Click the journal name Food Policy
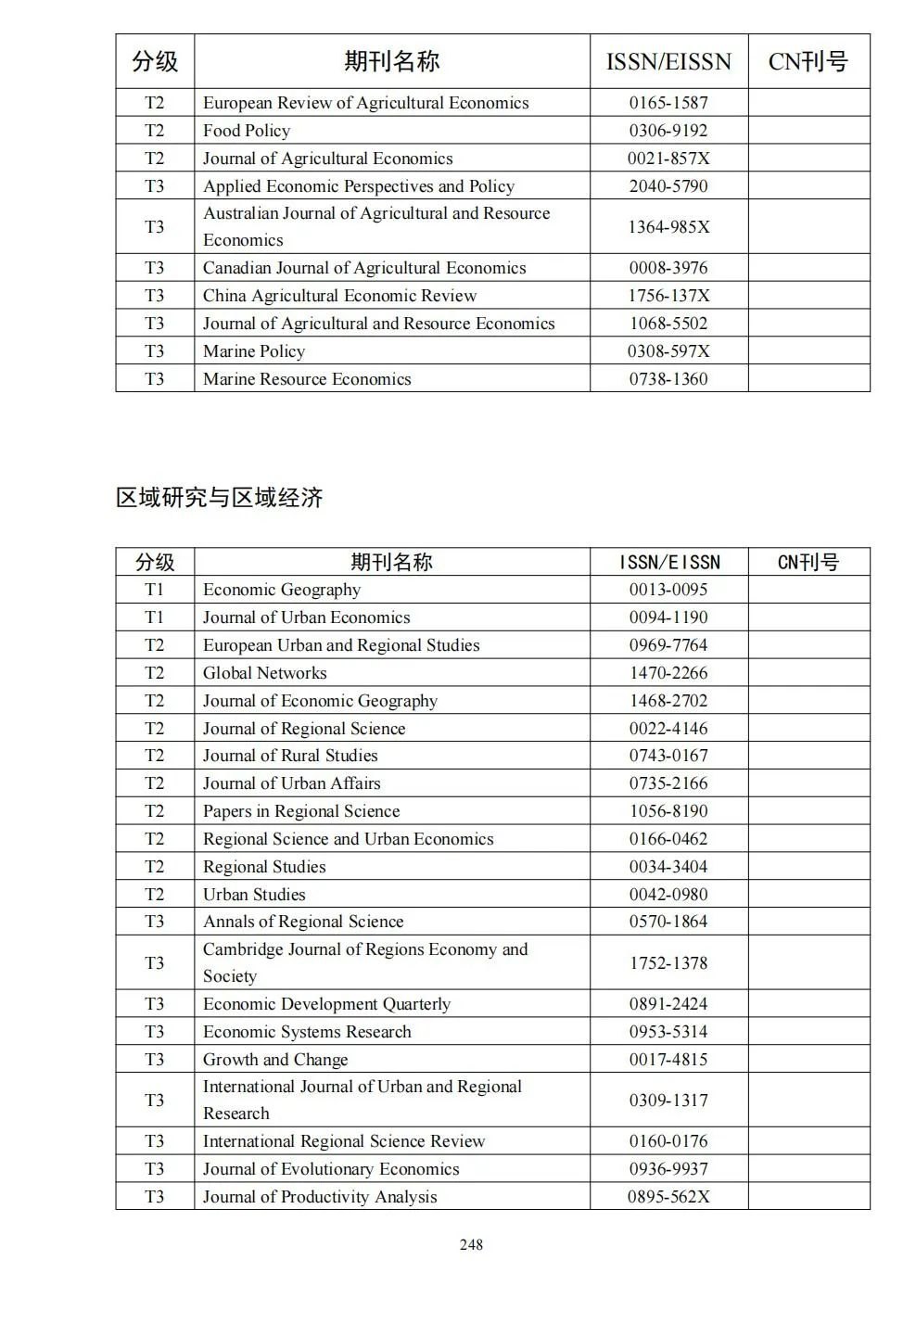click(x=247, y=131)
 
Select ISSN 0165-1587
click(x=668, y=103)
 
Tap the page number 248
click(x=471, y=1244)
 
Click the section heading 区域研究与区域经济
click(x=219, y=498)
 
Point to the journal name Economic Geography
click(x=282, y=590)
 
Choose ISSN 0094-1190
click(x=668, y=617)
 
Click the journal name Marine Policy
click(x=254, y=351)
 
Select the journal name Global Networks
click(x=265, y=673)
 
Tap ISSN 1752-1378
click(x=668, y=962)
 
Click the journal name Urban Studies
click(x=254, y=895)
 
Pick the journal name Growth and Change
click(x=275, y=1060)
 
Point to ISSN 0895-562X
click(x=668, y=1197)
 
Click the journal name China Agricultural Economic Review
click(x=339, y=296)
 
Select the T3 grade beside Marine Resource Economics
click(x=154, y=379)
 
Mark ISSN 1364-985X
click(x=668, y=227)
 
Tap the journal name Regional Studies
click(x=264, y=867)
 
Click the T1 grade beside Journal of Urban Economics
click(x=154, y=617)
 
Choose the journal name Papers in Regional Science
click(x=301, y=811)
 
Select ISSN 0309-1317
click(x=668, y=1101)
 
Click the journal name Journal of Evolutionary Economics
click(x=331, y=1169)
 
